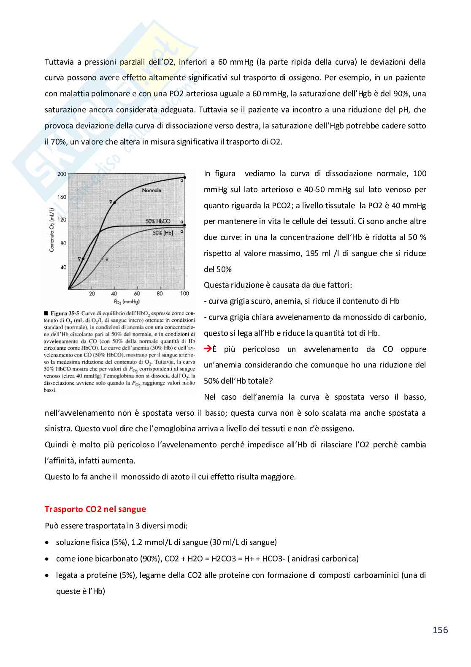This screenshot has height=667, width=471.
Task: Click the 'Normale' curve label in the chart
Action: click(152, 191)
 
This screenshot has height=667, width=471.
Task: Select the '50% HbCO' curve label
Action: click(158, 221)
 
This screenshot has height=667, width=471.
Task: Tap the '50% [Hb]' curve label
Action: click(162, 233)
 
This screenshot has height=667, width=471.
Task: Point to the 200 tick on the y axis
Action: click(62, 174)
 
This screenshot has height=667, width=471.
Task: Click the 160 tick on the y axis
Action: click(62, 197)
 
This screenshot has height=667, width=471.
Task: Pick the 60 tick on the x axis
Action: click(137, 294)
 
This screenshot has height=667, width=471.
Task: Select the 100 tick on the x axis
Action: click(184, 294)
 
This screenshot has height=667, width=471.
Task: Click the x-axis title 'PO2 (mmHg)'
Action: click(127, 302)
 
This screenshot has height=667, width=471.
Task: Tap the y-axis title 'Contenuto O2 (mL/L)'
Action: click(52, 230)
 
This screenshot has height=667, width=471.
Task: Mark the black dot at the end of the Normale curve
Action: click(184, 177)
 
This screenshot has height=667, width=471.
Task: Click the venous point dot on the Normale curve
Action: click(114, 203)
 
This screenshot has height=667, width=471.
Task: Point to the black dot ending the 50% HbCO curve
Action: click(184, 225)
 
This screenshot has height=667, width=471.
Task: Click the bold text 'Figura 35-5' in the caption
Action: click(65, 313)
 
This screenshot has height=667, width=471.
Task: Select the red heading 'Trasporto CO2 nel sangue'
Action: click(95, 509)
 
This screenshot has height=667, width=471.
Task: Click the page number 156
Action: click(440, 630)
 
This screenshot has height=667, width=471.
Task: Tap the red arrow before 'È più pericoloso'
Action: click(207, 349)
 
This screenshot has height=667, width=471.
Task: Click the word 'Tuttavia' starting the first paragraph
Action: click(58, 62)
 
